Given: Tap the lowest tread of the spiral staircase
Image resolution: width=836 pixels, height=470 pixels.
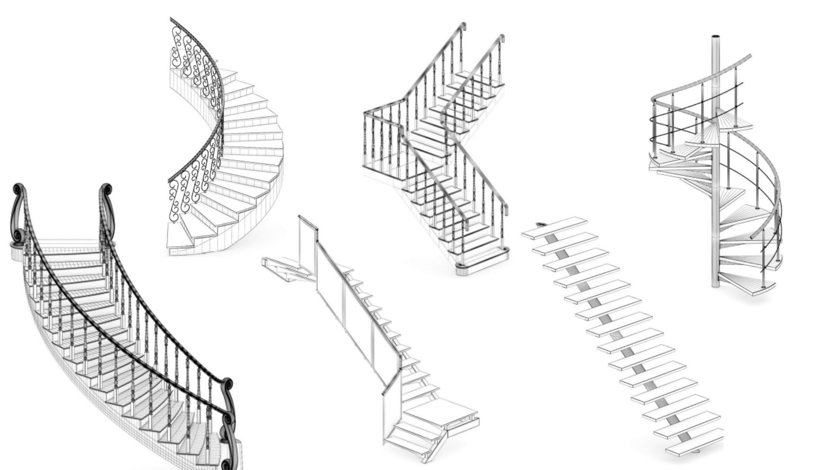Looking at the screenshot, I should (x=747, y=283).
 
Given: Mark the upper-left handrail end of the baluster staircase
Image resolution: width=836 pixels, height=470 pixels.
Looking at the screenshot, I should (x=464, y=26).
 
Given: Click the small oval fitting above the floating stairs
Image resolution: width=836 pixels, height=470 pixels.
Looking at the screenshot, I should (x=542, y=224).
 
